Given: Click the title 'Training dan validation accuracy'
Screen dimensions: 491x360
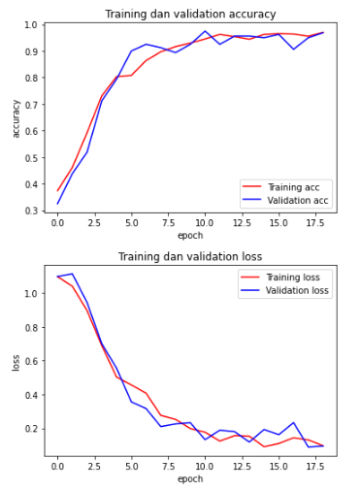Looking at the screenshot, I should (190, 14).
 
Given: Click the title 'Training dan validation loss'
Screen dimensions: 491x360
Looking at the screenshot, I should (190, 256).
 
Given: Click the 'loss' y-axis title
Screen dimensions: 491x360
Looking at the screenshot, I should (15, 361).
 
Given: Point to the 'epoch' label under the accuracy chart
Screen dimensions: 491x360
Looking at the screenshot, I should (190, 235).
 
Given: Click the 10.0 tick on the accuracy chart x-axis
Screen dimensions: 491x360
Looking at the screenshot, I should (205, 222).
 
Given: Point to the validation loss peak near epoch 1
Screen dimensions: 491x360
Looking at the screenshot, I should (72, 274).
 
